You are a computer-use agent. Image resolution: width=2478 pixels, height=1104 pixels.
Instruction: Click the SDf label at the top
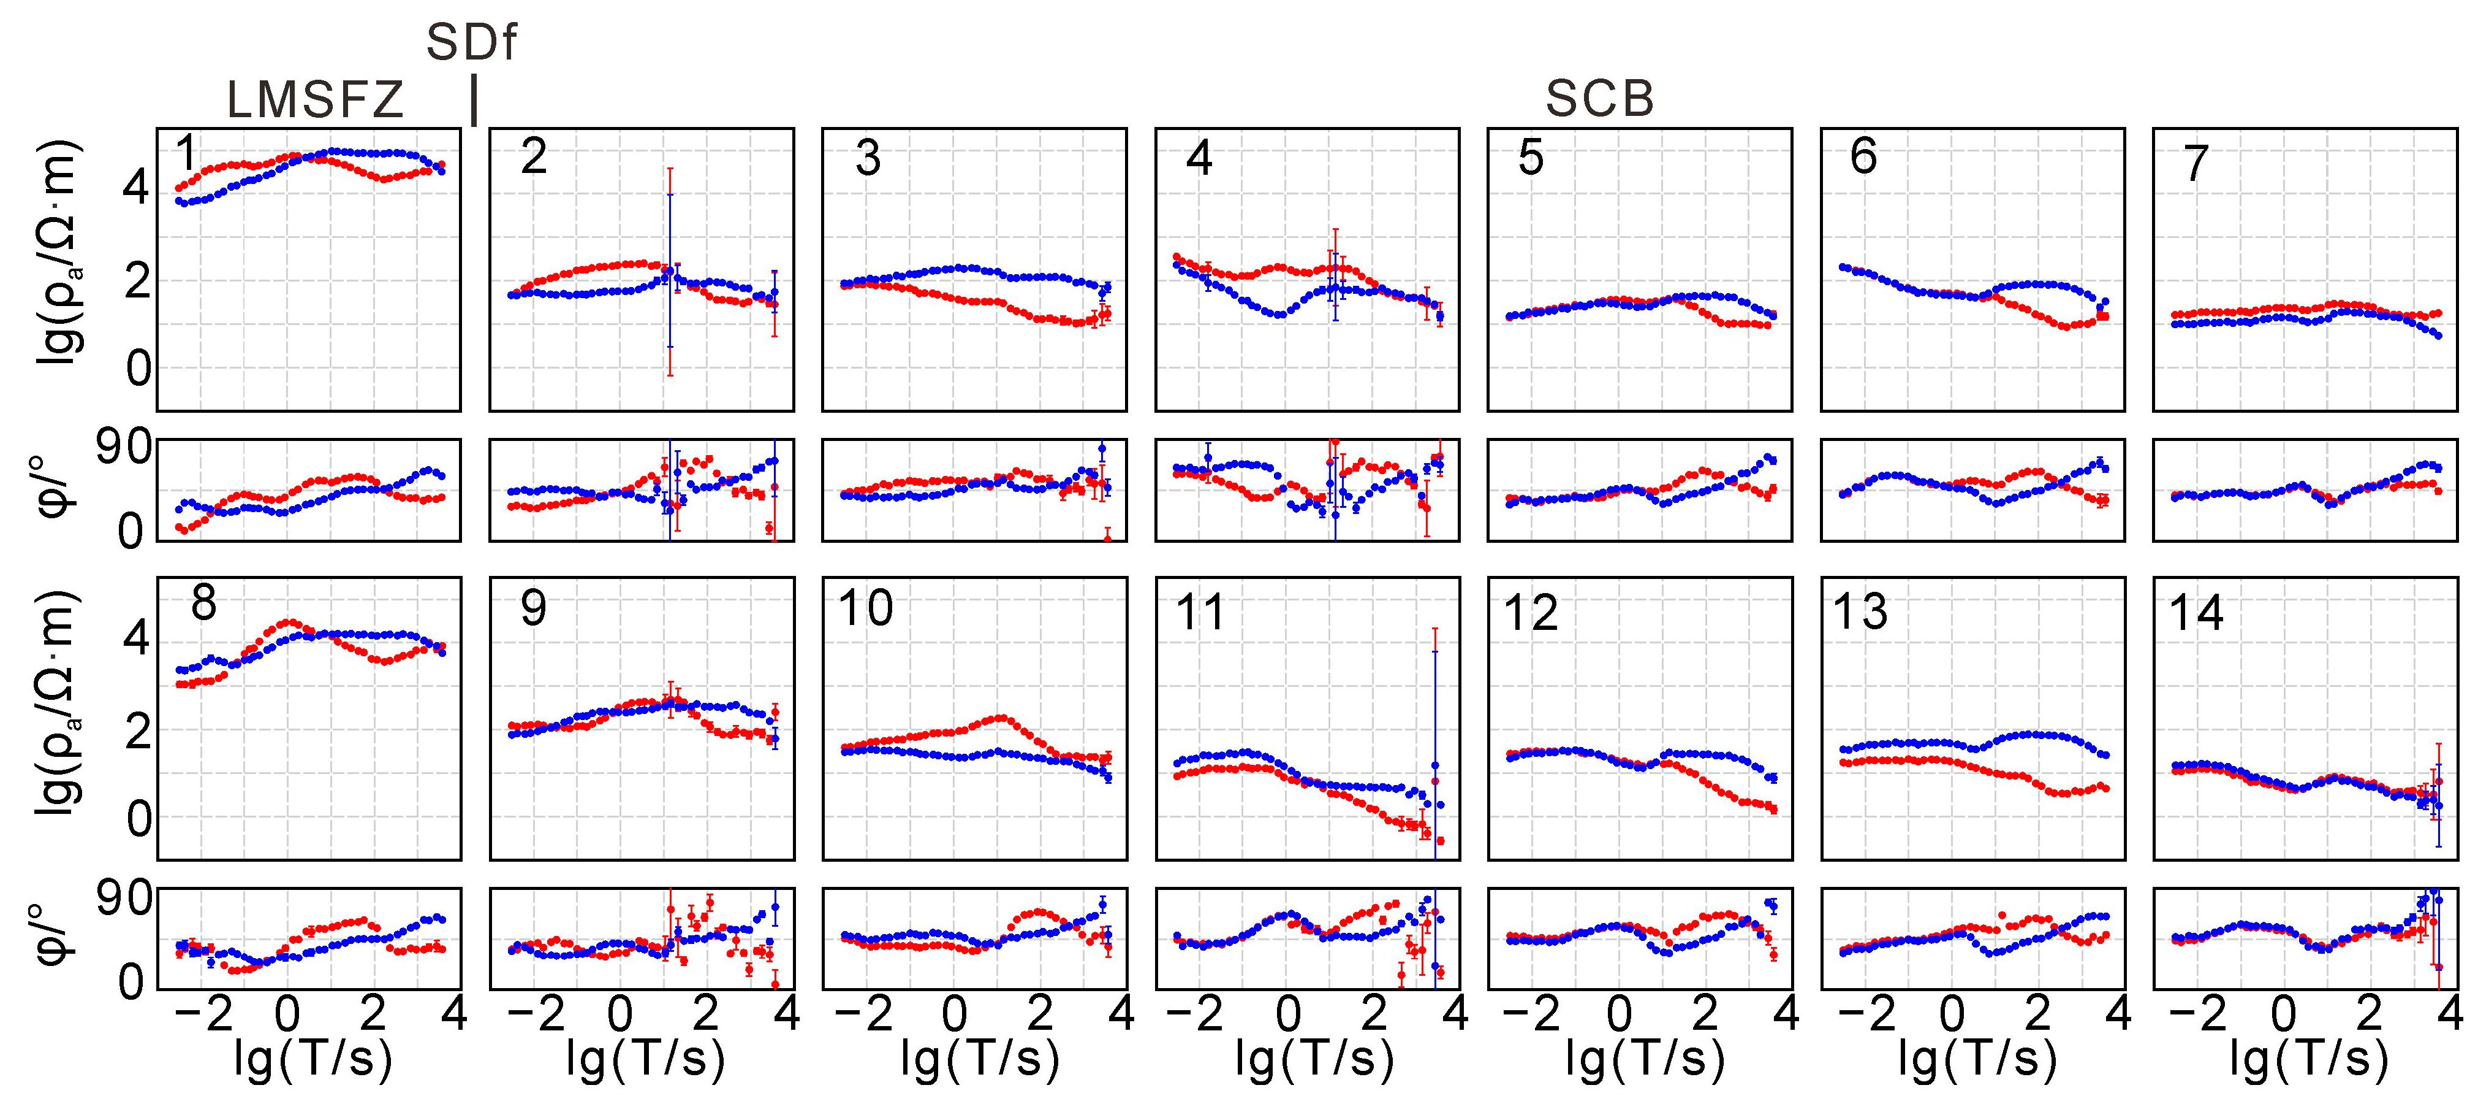[x=471, y=44]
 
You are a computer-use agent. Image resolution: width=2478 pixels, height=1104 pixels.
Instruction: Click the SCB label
[x=1600, y=98]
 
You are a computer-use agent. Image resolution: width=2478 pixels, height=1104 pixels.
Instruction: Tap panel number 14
[x=2196, y=613]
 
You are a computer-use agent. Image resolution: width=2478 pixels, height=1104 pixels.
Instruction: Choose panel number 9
[x=533, y=608]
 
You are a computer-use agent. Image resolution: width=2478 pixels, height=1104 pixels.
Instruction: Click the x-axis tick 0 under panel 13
[x=1951, y=1014]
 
